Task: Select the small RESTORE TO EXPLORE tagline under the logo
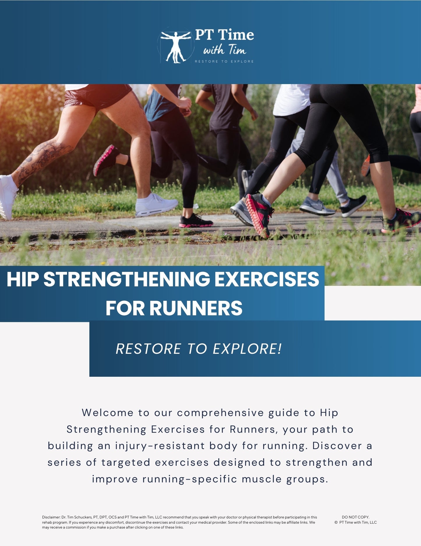coord(224,62)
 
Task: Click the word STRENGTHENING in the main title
coord(126,279)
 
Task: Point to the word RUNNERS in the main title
coord(196,308)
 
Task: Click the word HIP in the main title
coord(23,279)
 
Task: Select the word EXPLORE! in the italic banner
coord(247,349)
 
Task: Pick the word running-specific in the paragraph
coord(190,479)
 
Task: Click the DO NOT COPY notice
coord(355,517)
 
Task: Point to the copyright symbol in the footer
coord(336,522)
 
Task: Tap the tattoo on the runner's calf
coord(44,158)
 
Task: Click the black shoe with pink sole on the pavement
coord(195,221)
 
